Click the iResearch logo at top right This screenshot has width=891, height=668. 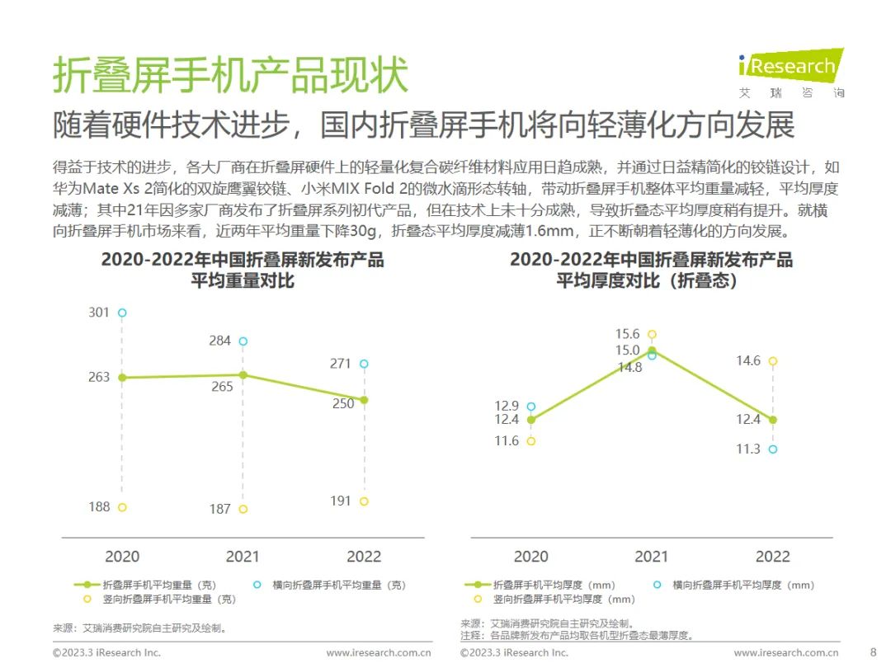(x=790, y=66)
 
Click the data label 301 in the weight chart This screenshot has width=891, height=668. (x=99, y=313)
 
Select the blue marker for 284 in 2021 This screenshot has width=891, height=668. (x=243, y=341)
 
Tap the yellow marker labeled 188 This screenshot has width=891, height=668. (x=122, y=507)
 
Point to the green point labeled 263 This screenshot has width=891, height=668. (x=122, y=378)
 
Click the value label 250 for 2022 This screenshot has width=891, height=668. (x=343, y=403)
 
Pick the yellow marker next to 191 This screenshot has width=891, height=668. (x=364, y=501)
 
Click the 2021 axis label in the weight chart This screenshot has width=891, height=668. (x=243, y=557)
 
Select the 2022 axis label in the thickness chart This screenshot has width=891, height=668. (x=772, y=557)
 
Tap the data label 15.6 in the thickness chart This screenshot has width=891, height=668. (x=628, y=334)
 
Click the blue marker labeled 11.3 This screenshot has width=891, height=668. (x=773, y=449)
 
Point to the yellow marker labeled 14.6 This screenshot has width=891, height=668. (x=773, y=361)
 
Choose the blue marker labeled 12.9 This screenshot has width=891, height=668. (x=531, y=407)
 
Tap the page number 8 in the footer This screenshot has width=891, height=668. (x=874, y=652)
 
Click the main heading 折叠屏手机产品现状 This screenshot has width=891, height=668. (x=230, y=76)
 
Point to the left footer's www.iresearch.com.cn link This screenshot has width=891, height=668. (x=379, y=652)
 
